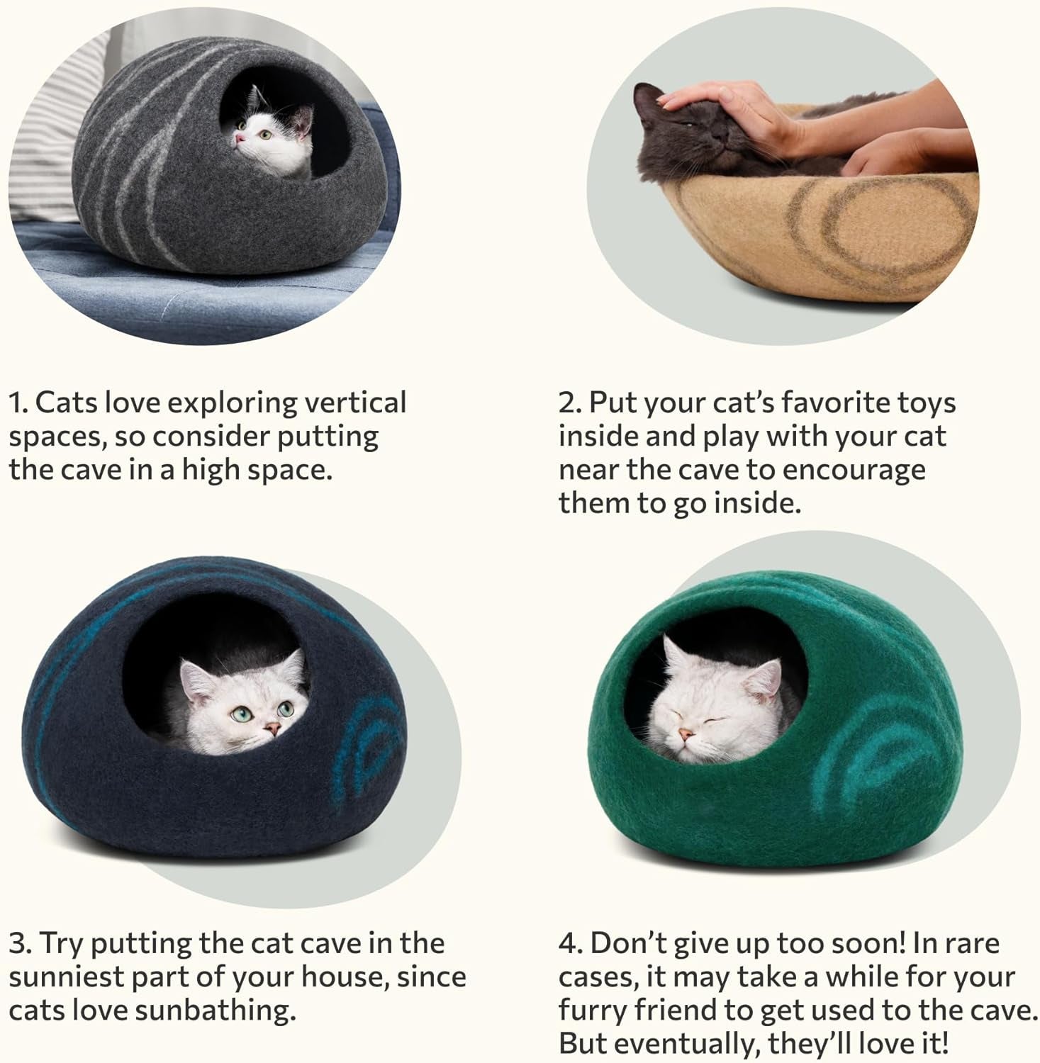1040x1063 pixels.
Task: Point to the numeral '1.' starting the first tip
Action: click(18, 403)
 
